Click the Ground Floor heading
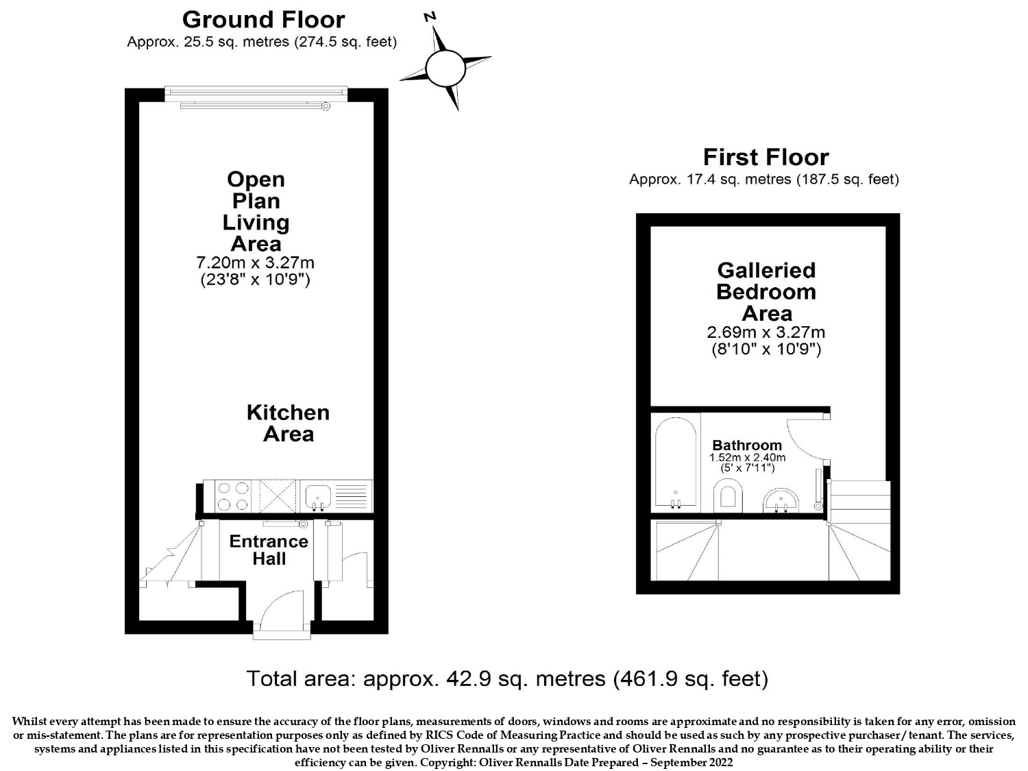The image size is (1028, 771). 263,20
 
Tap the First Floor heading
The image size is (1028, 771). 766,158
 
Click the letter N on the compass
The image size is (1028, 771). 430,17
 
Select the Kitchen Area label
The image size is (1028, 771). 288,423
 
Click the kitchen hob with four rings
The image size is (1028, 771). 233,496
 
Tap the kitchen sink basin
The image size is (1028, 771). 318,498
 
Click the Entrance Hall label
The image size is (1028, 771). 269,550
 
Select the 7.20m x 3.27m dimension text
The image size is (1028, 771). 255,262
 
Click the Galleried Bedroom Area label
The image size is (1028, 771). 766,292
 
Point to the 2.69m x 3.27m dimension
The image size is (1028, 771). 766,332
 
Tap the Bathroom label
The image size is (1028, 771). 747,445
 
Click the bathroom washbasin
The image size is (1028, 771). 781,500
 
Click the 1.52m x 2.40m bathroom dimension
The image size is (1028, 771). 747,457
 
